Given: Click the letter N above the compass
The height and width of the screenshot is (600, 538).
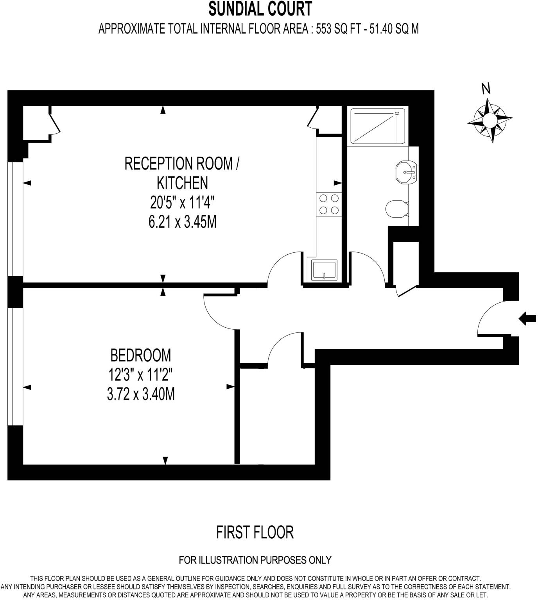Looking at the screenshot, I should click(x=486, y=89).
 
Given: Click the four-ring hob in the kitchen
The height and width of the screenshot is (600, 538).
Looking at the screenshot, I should click(x=329, y=204).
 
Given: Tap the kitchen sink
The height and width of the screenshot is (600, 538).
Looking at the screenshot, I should click(x=324, y=270).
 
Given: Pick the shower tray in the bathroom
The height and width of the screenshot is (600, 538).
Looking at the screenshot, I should click(x=376, y=125).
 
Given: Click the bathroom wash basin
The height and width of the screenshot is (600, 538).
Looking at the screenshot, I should click(x=407, y=172).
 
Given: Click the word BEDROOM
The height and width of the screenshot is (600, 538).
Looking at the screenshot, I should click(x=141, y=355).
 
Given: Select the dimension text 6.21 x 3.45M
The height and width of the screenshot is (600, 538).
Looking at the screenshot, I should click(x=182, y=222).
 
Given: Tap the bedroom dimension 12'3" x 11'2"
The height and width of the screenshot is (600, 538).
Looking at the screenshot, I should click(x=141, y=375).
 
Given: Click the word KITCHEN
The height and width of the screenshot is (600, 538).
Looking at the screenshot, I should click(x=182, y=183).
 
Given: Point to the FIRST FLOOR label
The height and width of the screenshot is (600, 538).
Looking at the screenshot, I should click(x=255, y=532).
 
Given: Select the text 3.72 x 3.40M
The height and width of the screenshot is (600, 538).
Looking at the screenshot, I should click(x=141, y=395).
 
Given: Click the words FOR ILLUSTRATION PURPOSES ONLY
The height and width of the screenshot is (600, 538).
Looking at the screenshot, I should click(x=255, y=560).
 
